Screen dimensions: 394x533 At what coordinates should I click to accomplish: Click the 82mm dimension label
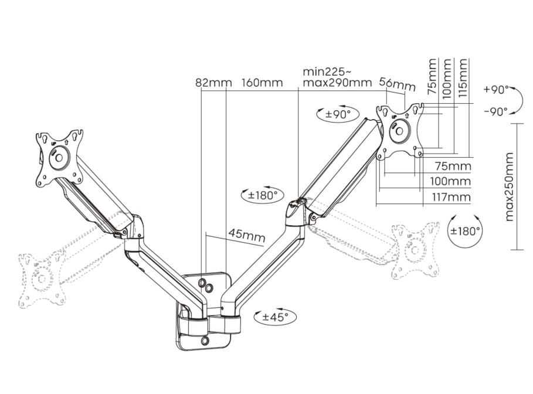click(x=213, y=83)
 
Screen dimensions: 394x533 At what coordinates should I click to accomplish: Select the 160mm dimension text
click(x=262, y=83)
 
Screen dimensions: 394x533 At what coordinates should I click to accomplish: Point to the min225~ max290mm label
click(x=337, y=77)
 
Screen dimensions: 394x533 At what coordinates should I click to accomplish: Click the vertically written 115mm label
click(x=464, y=77)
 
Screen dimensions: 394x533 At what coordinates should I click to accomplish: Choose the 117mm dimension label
click(x=452, y=197)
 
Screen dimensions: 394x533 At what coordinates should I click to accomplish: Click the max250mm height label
click(x=509, y=186)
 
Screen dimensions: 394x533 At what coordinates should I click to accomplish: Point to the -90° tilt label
click(x=495, y=111)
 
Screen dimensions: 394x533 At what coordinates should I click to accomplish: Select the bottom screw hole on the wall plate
click(x=204, y=340)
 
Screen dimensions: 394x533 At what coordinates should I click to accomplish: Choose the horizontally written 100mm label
click(x=452, y=182)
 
